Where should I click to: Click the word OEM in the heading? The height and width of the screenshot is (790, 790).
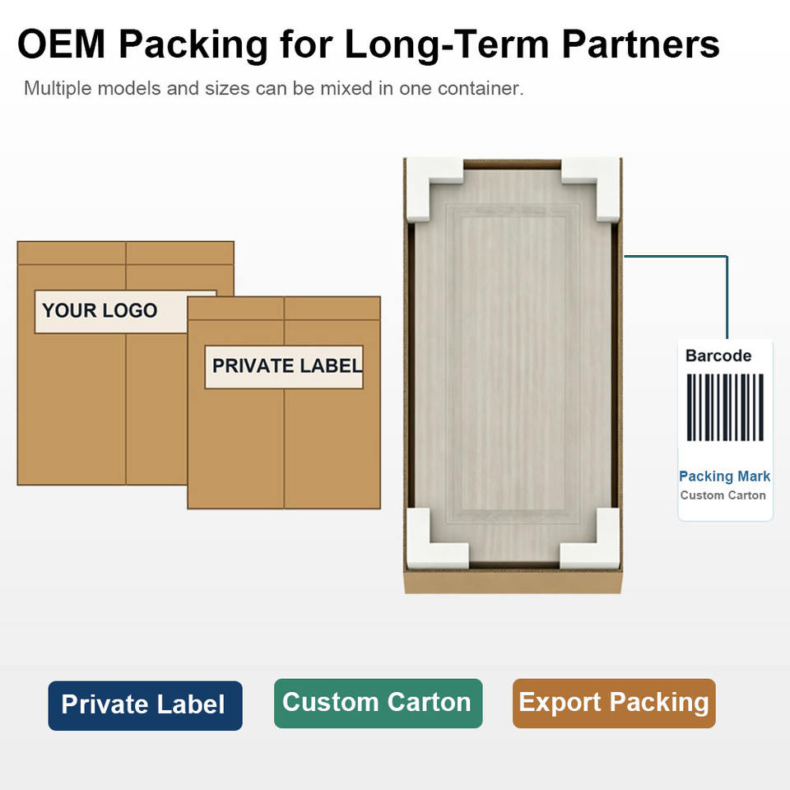[62, 44]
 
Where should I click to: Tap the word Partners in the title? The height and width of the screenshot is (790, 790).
[640, 44]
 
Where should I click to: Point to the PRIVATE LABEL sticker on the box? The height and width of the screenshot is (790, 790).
[284, 367]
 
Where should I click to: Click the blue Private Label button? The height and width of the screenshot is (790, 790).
[145, 705]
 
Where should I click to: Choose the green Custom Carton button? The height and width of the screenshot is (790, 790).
[378, 703]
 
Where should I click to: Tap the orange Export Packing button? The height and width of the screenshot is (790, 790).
[614, 703]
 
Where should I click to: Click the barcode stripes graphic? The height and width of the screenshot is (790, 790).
[725, 407]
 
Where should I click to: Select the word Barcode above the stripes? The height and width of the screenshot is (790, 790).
[718, 355]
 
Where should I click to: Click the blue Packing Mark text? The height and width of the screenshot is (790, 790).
[724, 476]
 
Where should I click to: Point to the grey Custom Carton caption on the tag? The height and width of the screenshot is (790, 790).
[723, 495]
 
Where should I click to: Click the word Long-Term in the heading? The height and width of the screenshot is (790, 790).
[447, 44]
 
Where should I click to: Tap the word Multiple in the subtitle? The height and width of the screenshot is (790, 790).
[58, 89]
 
